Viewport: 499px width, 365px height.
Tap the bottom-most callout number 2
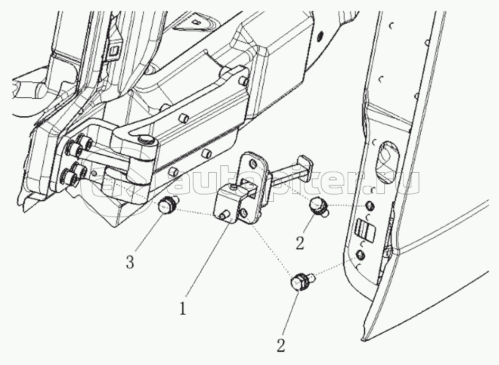coord(281,347)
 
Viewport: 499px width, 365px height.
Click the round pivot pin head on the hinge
coord(144,139)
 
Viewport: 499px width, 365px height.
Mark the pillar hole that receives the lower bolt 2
coord(359,256)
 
